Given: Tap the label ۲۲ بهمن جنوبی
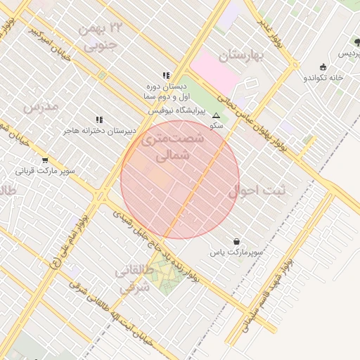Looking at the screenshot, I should (x=103, y=37).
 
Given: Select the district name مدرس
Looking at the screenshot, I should (x=39, y=106).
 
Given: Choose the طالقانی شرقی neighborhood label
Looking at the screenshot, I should (x=134, y=280).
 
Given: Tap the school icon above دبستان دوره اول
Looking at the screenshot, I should (x=166, y=75).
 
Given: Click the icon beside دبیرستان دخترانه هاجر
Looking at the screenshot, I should (x=99, y=120).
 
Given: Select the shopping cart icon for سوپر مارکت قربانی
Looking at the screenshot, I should (x=45, y=160).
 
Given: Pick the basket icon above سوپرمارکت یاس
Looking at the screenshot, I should (x=236, y=241).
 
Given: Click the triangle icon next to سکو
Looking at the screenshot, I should (x=216, y=115).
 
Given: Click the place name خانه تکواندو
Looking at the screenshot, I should (x=323, y=77).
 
